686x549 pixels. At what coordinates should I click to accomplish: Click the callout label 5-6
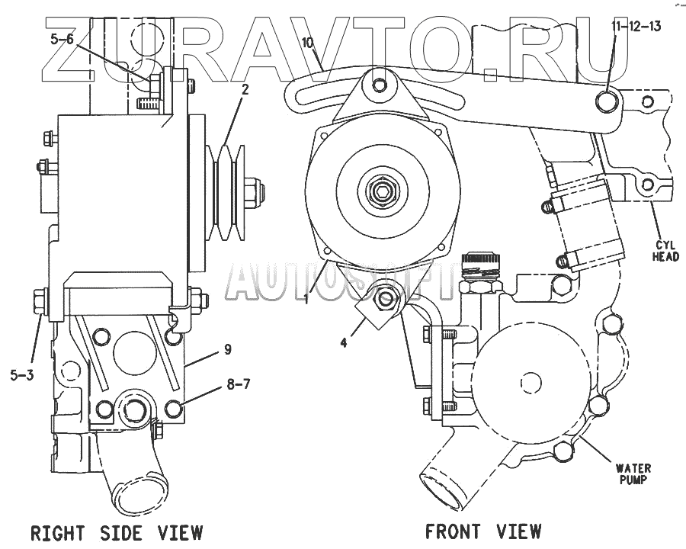tap(63, 42)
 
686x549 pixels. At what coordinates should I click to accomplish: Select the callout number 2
tap(245, 90)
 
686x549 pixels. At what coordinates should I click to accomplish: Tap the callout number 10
tap(308, 43)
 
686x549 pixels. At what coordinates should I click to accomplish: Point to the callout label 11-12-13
tap(635, 26)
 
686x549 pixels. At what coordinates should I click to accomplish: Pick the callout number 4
tap(343, 342)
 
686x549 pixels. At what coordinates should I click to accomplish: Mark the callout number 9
tap(228, 350)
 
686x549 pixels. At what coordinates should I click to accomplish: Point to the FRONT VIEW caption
tap(483, 531)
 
